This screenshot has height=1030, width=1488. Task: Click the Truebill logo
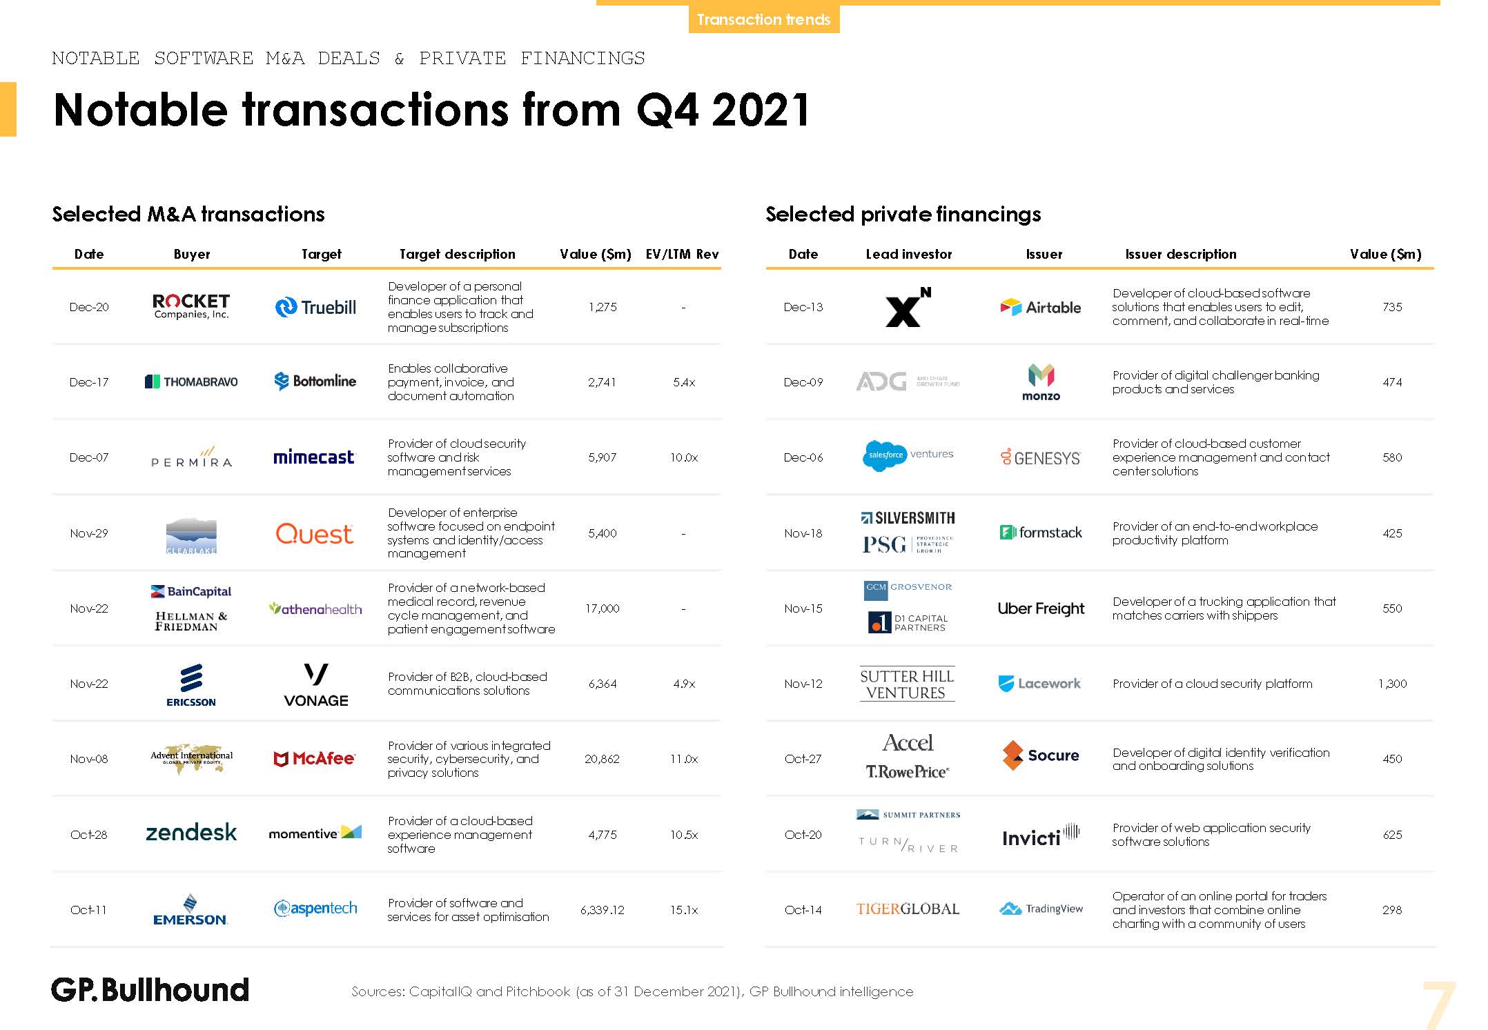click(315, 307)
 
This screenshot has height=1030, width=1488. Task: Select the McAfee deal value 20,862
click(602, 759)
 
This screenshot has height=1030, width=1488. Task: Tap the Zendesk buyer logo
click(191, 833)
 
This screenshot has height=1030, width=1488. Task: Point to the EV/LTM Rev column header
click(682, 254)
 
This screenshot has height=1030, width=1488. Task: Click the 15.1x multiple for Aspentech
click(683, 910)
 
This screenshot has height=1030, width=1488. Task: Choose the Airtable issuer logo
click(1041, 307)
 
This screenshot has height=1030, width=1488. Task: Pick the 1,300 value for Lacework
click(1392, 684)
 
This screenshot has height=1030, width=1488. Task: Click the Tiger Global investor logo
click(908, 909)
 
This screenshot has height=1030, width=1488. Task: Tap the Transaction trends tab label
click(763, 19)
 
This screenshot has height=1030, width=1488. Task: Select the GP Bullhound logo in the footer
click(150, 990)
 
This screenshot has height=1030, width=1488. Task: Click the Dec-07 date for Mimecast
click(89, 457)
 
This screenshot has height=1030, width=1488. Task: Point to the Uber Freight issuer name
click(1041, 608)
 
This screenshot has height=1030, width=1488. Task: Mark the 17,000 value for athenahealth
click(602, 608)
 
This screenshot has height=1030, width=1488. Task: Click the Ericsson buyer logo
click(191, 684)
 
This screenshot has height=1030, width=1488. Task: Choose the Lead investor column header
click(908, 254)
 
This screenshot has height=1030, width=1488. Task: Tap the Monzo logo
click(1041, 382)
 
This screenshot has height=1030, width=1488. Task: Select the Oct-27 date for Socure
click(803, 759)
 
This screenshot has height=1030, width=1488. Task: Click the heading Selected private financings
click(903, 214)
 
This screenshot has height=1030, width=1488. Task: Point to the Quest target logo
click(314, 533)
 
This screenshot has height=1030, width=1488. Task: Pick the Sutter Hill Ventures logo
click(907, 684)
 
